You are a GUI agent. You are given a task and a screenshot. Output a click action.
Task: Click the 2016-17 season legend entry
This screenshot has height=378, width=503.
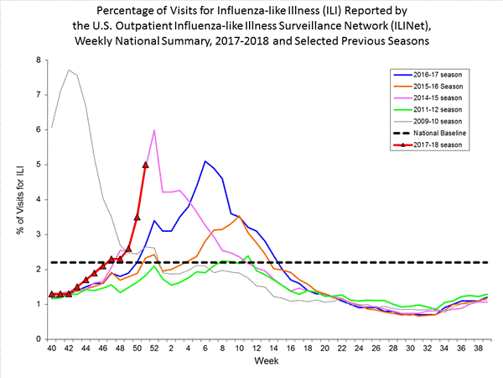[x=436, y=74]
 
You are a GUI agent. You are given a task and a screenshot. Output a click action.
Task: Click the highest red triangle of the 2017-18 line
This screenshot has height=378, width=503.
[x=146, y=165]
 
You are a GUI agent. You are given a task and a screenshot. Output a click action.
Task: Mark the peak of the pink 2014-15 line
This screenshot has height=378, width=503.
[x=154, y=131]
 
